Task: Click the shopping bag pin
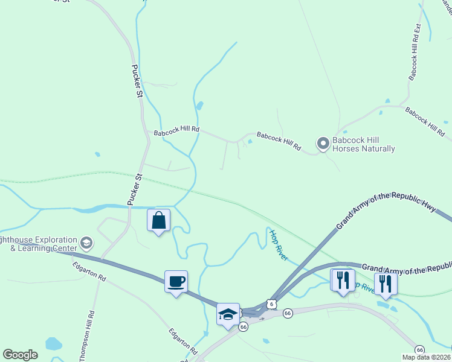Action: point(158,220)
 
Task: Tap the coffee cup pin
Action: point(176,281)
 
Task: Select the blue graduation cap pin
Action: point(228,314)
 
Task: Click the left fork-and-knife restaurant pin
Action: point(342,281)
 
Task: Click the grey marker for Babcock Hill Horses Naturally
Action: point(323,143)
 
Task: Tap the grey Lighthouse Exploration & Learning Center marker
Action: point(86,243)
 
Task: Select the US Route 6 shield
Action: point(273,303)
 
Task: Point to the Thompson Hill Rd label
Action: point(86,335)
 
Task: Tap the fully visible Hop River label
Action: point(279,244)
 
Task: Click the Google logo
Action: point(20,355)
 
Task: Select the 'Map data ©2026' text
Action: point(426,357)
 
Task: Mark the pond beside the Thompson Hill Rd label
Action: point(54,344)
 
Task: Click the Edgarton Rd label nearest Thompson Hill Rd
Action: point(89,271)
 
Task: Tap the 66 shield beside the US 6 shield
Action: point(288,313)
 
